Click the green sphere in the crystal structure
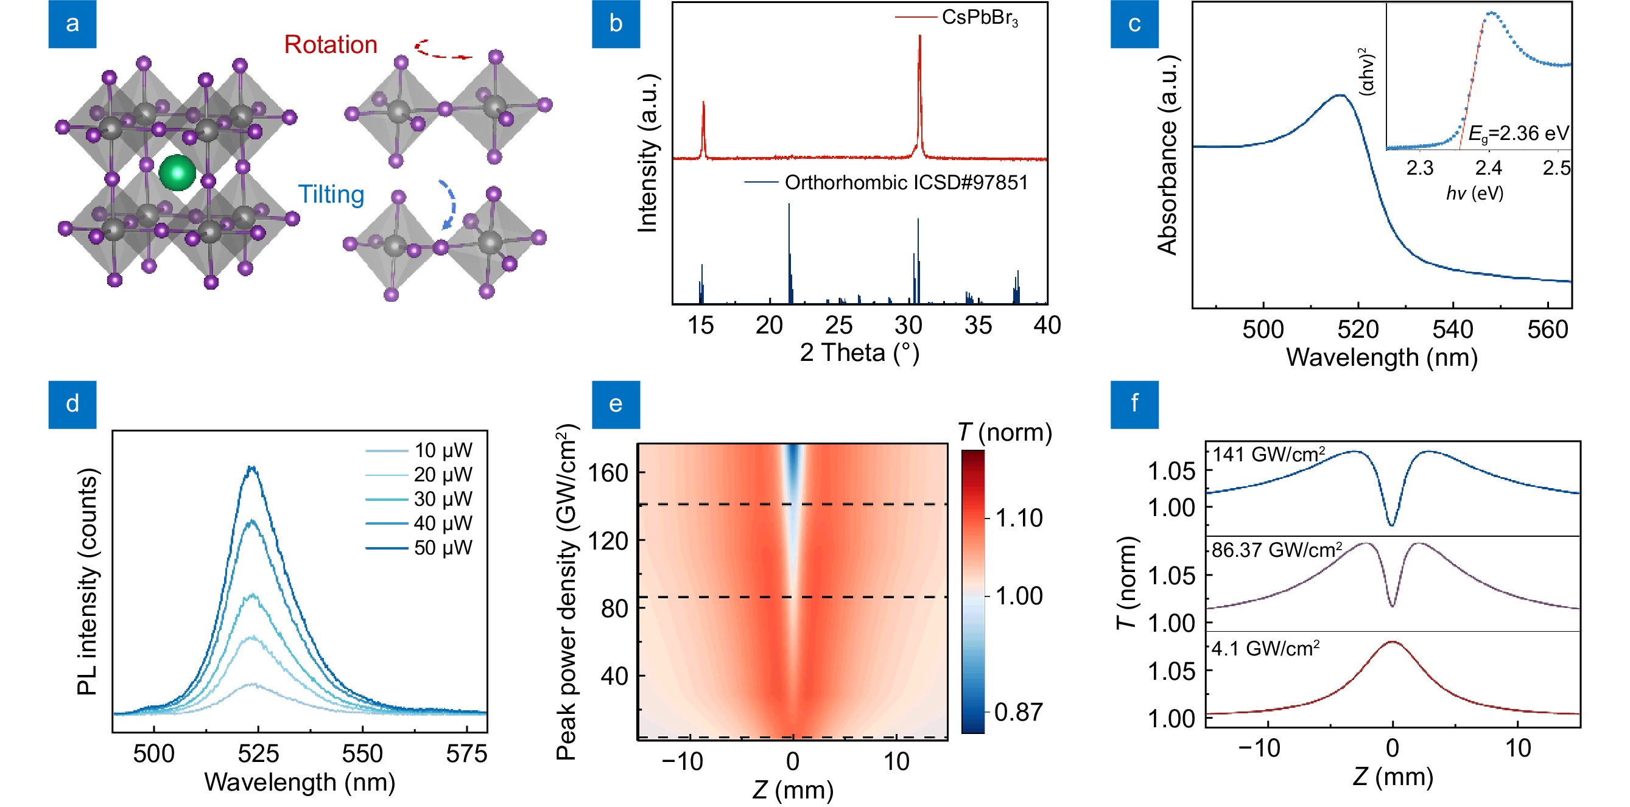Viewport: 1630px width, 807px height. tap(177, 173)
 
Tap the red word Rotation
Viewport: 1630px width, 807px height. tap(330, 45)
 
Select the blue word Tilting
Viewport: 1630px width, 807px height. tap(331, 194)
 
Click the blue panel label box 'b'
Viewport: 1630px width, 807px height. tap(616, 24)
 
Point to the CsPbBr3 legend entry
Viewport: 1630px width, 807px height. tap(980, 18)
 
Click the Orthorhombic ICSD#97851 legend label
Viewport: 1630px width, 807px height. tap(906, 183)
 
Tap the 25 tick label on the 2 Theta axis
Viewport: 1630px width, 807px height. tap(838, 325)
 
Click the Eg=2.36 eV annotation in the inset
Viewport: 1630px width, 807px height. tap(1518, 133)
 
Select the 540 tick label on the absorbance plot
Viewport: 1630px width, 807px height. tap(1452, 329)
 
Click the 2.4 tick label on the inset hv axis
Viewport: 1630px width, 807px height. tap(1488, 168)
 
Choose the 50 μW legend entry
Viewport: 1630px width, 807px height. tap(443, 548)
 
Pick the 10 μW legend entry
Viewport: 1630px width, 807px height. tap(443, 450)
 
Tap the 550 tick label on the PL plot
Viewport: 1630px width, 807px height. tap(362, 754)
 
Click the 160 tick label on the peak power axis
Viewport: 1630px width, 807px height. tap(608, 472)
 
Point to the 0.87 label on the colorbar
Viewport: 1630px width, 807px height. tap(1018, 712)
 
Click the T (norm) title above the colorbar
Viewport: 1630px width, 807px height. tap(1005, 433)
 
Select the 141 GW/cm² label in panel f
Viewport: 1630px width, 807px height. tap(1268, 455)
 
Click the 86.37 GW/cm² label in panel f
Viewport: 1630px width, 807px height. tap(1276, 550)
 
